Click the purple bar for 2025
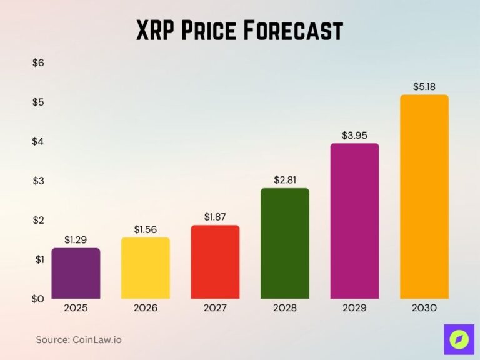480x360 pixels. pyautogui.click(x=76, y=273)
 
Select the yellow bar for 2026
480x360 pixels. pyautogui.click(x=145, y=268)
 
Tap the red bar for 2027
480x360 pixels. pyautogui.click(x=215, y=262)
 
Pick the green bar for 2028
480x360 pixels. pyautogui.click(x=285, y=243)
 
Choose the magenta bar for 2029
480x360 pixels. pyautogui.click(x=354, y=221)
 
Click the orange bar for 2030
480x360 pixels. pyautogui.click(x=424, y=197)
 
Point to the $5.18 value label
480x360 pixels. pyautogui.click(x=424, y=86)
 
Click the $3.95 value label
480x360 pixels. pyautogui.click(x=354, y=134)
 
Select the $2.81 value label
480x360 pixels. pyautogui.click(x=285, y=179)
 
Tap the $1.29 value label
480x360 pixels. pyautogui.click(x=76, y=239)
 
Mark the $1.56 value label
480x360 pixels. pyautogui.click(x=145, y=229)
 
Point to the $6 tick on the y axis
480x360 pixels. pyautogui.click(x=38, y=63)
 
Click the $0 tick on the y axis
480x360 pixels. pyautogui.click(x=38, y=299)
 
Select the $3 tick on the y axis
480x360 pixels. pyautogui.click(x=38, y=181)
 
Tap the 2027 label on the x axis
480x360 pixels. pyautogui.click(x=215, y=308)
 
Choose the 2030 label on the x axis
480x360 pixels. pyautogui.click(x=424, y=308)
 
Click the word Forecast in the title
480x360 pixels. pyautogui.click(x=292, y=31)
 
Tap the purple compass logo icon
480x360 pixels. pyautogui.click(x=459, y=339)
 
